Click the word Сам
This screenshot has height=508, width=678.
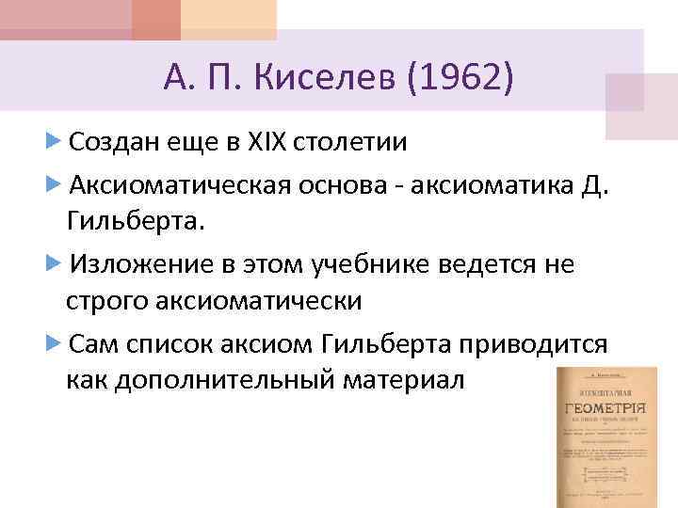[x=93, y=343]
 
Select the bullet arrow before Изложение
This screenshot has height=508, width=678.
[x=54, y=262]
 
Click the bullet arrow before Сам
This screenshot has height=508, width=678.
[x=54, y=342]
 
